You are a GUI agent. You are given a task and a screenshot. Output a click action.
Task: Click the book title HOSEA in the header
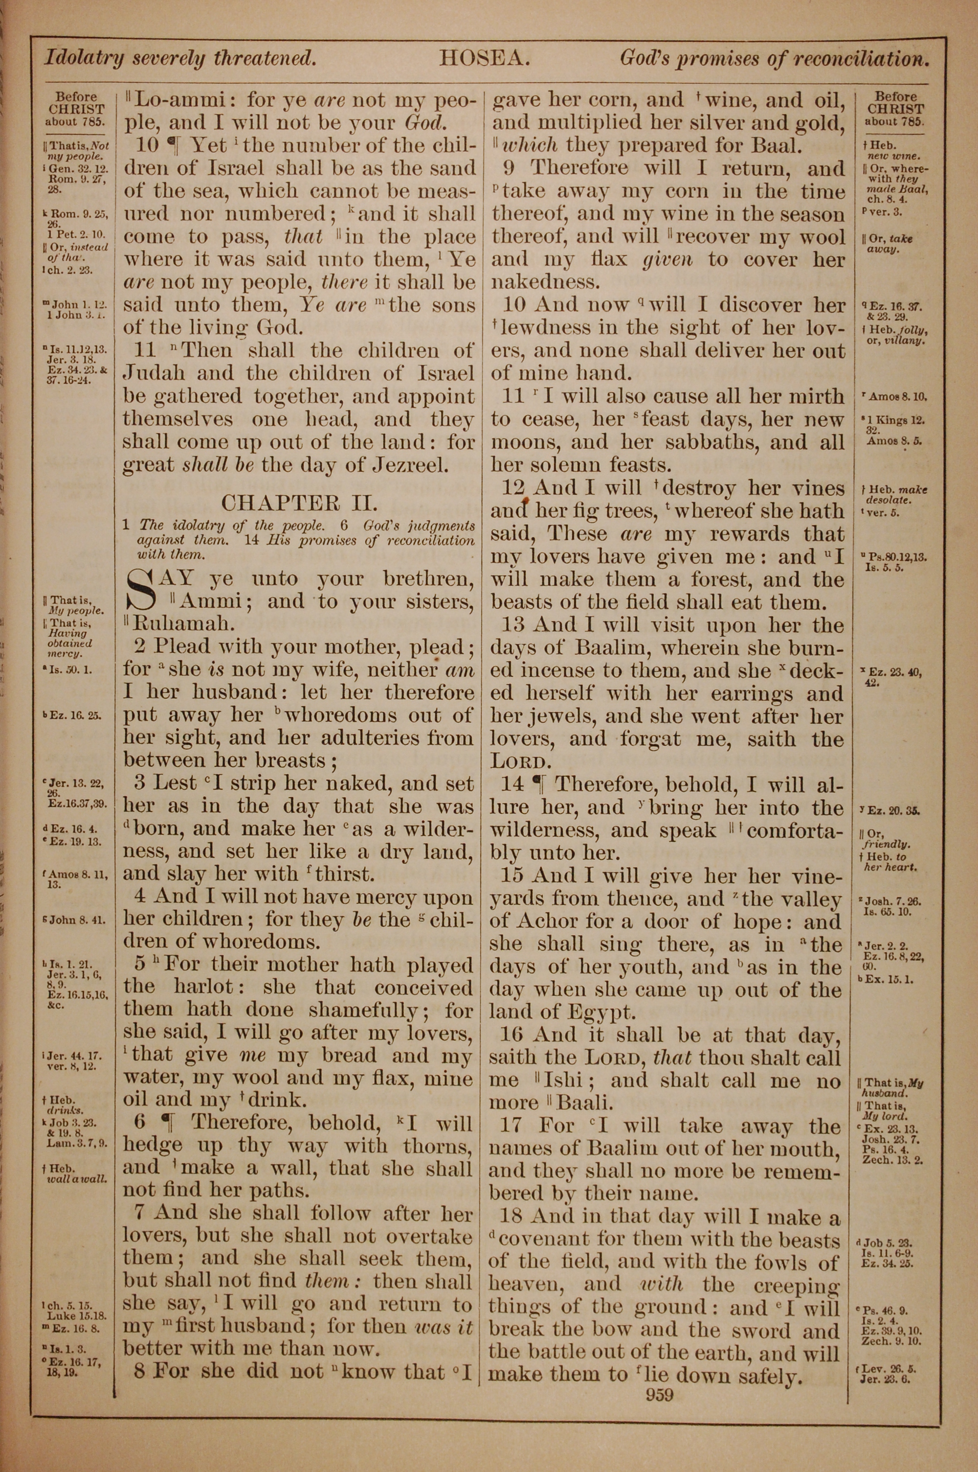point(484,59)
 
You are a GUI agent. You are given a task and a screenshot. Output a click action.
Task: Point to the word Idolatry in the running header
point(83,59)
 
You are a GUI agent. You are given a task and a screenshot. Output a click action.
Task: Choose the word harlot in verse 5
point(210,988)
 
